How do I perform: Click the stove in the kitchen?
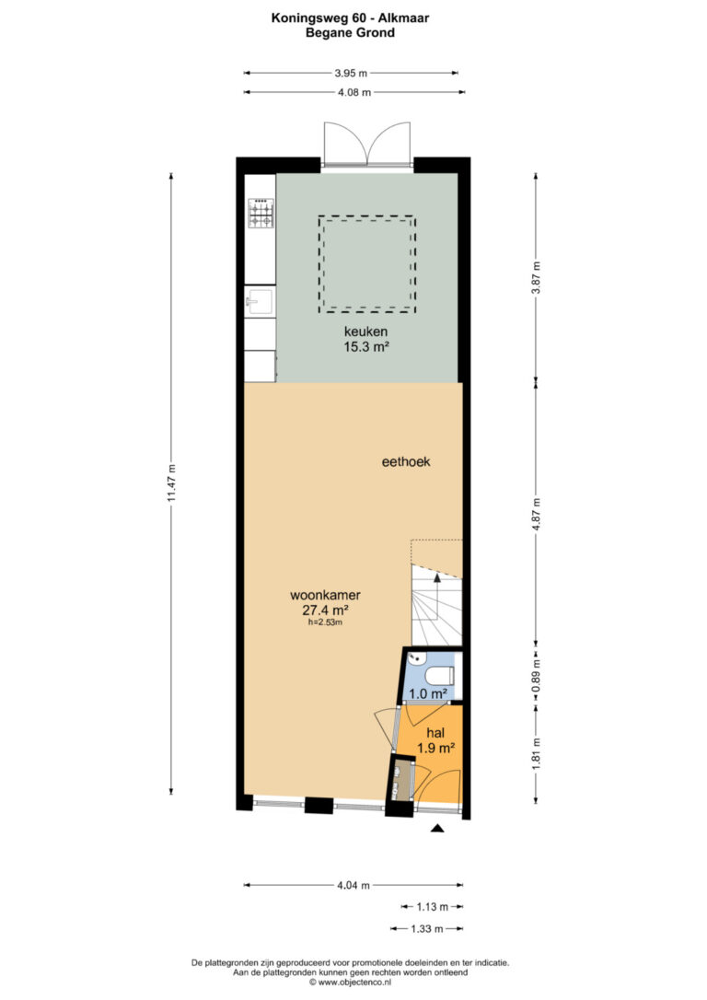click(261, 214)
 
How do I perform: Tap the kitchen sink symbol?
click(261, 301)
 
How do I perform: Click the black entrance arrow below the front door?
click(437, 828)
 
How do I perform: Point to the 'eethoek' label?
click(406, 461)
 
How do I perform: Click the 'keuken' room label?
click(366, 331)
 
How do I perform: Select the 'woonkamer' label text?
click(325, 595)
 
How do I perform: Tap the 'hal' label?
click(435, 733)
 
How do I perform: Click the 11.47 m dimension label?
click(171, 483)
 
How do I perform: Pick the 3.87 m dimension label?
click(536, 278)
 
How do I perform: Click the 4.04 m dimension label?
click(353, 885)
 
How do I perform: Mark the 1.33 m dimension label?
click(426, 928)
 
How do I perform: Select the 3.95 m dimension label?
click(351, 74)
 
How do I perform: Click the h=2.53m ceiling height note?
click(325, 622)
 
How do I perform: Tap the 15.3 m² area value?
click(366, 347)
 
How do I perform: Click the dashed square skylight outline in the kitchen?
click(366, 216)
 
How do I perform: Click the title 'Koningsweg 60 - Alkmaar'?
click(350, 17)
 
